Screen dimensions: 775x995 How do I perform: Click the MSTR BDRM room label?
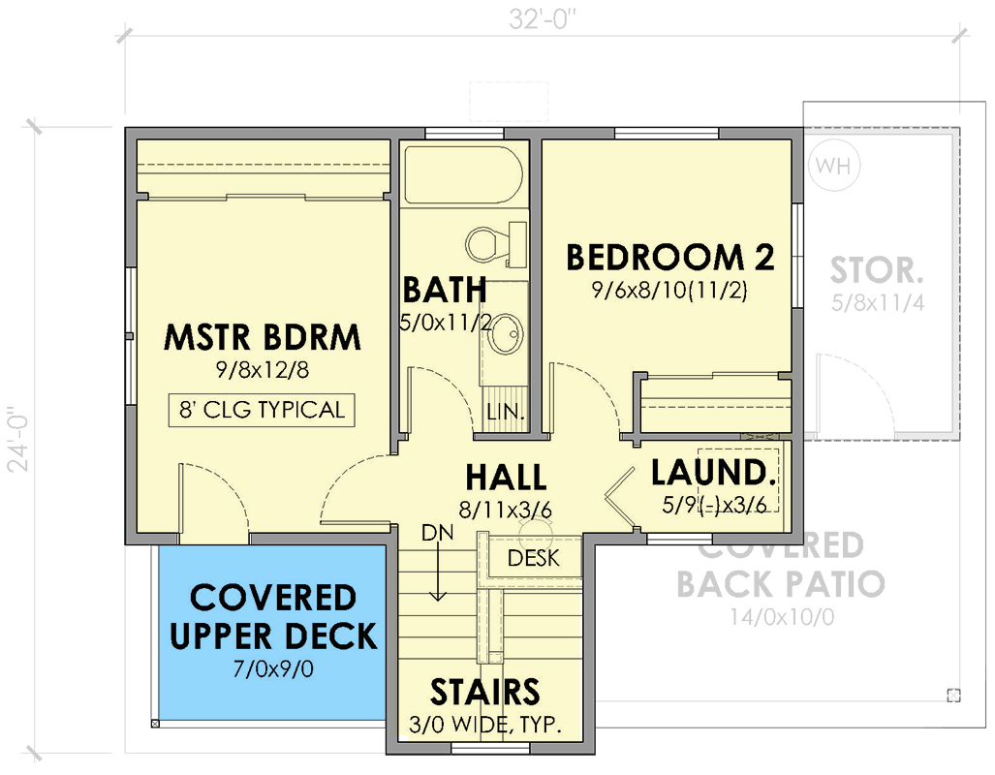pos(262,338)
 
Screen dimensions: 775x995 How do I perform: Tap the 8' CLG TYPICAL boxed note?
pos(261,410)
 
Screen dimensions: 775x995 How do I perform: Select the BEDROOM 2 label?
pos(669,258)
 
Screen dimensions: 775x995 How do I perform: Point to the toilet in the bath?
pos(490,242)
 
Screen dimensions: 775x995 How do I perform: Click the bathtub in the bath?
pos(463,174)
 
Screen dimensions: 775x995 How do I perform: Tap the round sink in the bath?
pos(504,337)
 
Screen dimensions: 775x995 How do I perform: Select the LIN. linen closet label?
pos(505,412)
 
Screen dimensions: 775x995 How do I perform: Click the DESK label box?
pos(533,558)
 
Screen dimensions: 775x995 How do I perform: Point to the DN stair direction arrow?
pos(438,572)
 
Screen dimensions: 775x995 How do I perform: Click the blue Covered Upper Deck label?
pos(273,617)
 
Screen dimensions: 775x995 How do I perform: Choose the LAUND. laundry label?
pos(713,473)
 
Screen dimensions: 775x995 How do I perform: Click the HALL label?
pos(505,478)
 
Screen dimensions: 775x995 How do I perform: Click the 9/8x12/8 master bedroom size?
pos(262,369)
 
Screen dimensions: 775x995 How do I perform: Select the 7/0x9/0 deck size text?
pos(273,667)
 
